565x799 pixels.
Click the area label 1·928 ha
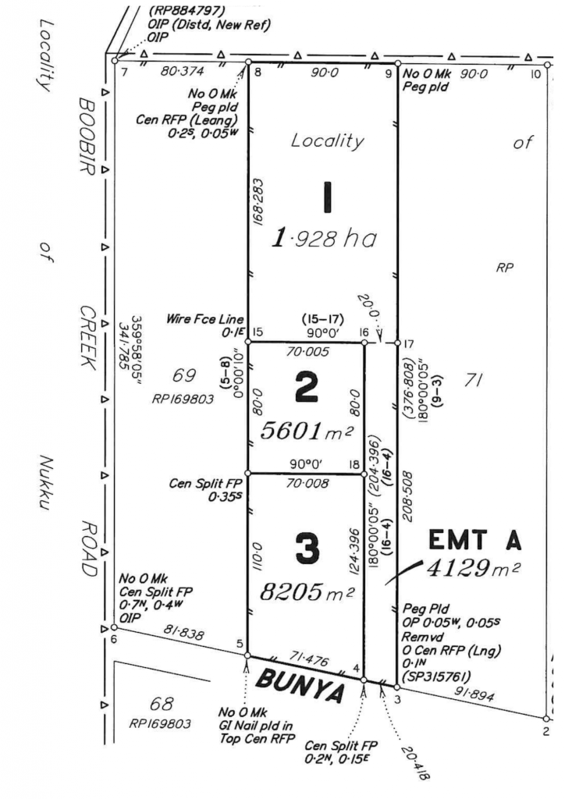[324, 238]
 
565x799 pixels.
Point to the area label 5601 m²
[306, 430]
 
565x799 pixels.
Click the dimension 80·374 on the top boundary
[182, 73]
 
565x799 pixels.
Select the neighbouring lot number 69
[184, 376]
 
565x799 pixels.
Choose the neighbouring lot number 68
[166, 704]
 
